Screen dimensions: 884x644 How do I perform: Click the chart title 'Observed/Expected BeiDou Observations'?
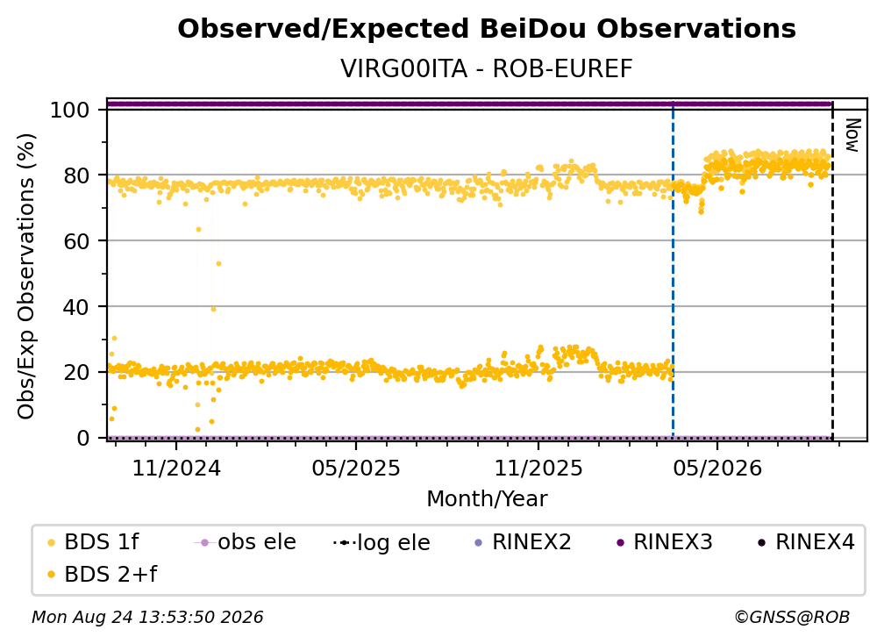click(x=487, y=29)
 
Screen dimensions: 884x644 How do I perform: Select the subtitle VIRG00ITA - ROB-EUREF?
click(x=487, y=68)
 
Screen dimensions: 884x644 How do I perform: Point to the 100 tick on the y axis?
click(x=70, y=110)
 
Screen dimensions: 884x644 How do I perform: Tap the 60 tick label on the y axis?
click(x=76, y=241)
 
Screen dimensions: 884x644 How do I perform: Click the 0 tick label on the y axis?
click(x=83, y=438)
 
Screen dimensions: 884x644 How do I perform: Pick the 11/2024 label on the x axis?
click(x=176, y=468)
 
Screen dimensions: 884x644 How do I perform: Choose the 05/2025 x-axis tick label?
click(x=356, y=468)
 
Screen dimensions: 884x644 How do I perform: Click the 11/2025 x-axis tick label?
click(x=538, y=468)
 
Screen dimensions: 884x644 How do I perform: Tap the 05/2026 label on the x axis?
click(x=717, y=468)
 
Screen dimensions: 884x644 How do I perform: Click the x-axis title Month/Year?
click(x=487, y=499)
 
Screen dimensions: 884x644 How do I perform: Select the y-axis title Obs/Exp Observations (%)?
click(x=26, y=276)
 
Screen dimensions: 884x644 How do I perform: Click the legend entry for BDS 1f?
click(x=93, y=542)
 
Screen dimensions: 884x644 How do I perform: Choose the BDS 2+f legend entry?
click(x=102, y=574)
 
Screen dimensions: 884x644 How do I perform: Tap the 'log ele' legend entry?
click(x=381, y=542)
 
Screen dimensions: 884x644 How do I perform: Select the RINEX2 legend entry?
click(x=524, y=542)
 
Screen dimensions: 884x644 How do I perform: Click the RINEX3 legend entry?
click(x=664, y=542)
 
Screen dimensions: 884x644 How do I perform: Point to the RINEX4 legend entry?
click(x=806, y=542)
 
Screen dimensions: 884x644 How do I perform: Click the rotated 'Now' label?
click(x=852, y=135)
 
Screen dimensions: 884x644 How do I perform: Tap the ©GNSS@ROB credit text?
click(x=792, y=617)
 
